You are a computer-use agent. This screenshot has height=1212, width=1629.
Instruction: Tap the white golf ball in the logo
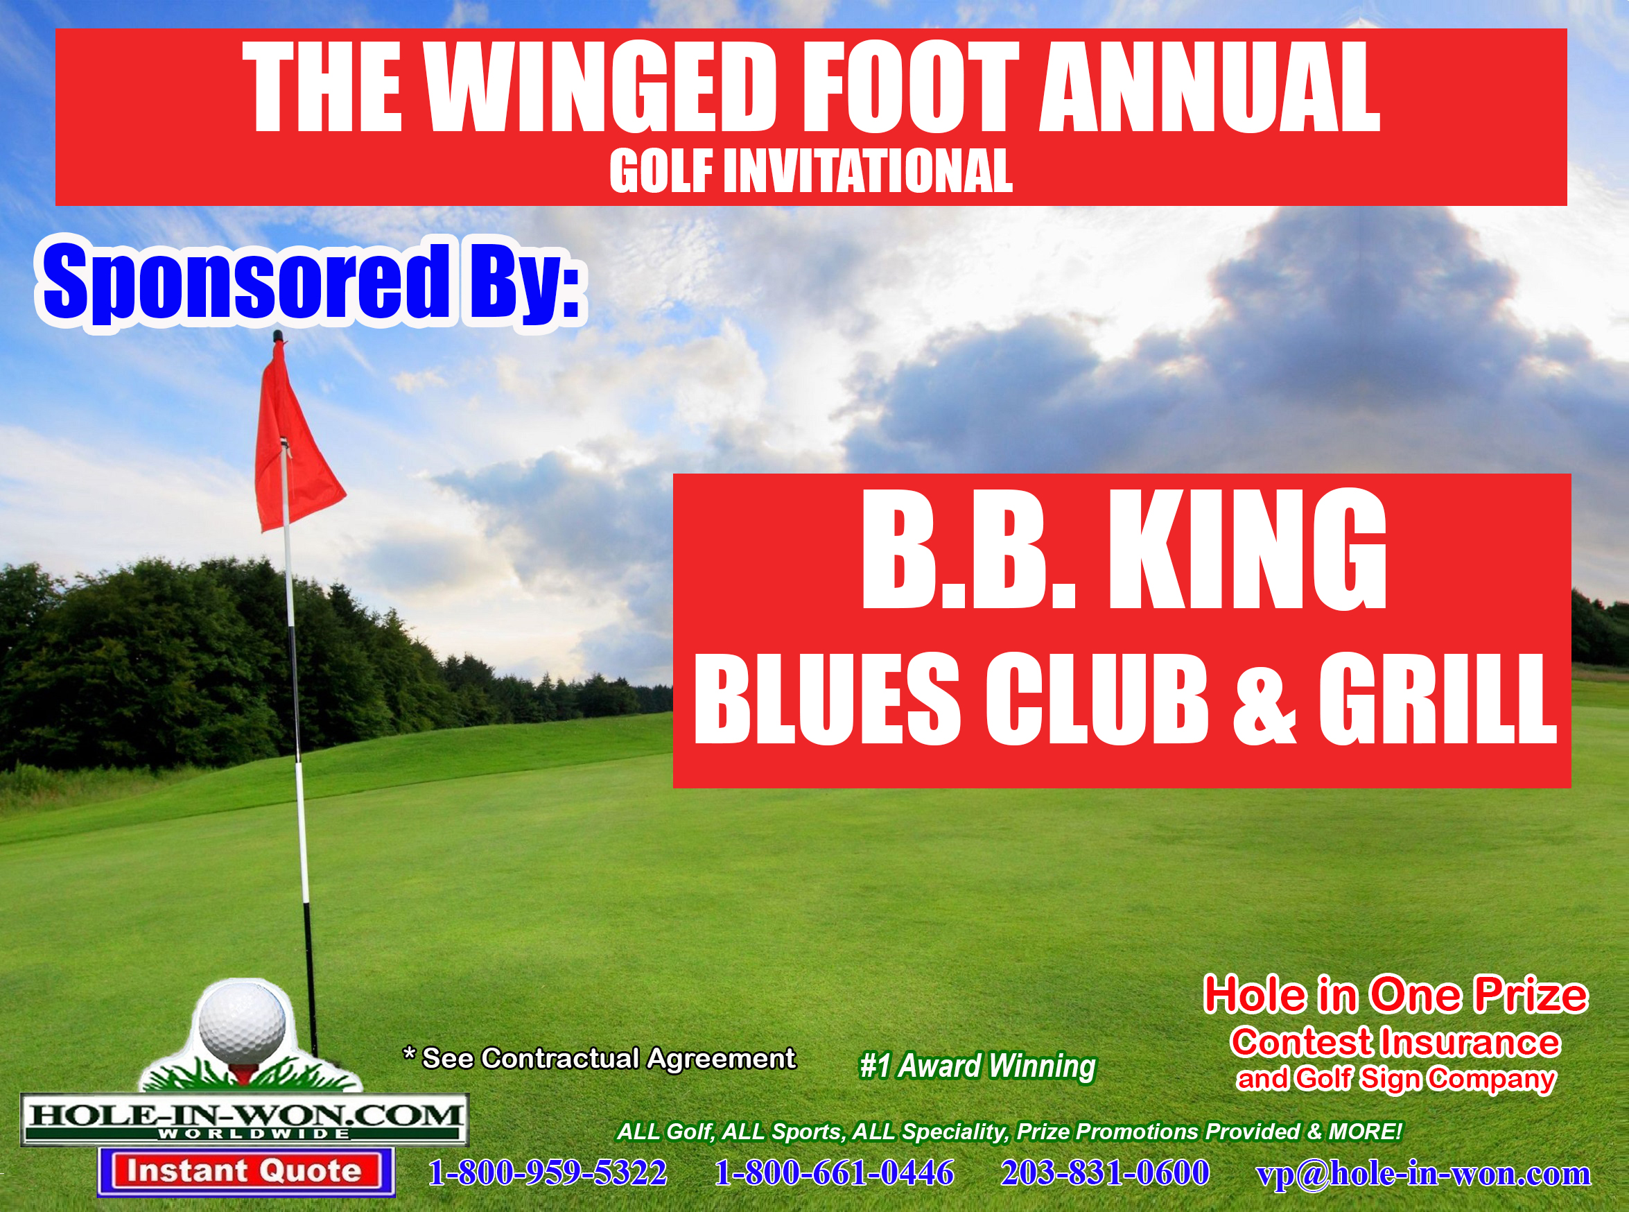coord(242,1023)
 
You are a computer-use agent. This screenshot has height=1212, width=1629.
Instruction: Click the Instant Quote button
coord(245,1172)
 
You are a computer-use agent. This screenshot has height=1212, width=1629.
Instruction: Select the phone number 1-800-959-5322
coord(547,1172)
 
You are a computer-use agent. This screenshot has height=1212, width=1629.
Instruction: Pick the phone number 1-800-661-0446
coord(834,1172)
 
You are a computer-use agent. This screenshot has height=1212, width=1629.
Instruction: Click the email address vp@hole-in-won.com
coord(1424,1174)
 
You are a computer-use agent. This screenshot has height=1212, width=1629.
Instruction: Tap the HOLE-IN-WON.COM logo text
coord(244,1116)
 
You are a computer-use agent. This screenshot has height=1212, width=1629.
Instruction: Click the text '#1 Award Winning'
coord(977,1066)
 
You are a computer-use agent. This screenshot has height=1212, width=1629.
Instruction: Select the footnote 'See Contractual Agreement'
coord(609,1058)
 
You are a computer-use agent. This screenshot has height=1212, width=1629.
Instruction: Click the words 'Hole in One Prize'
coord(1396,995)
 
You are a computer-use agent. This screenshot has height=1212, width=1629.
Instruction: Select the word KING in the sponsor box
coord(1248,548)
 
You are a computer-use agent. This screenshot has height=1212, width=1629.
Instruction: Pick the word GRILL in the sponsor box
coord(1438,698)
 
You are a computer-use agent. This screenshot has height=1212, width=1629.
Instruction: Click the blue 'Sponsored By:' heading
coord(312,282)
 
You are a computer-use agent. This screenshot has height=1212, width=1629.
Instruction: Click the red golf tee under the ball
coord(242,1073)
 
